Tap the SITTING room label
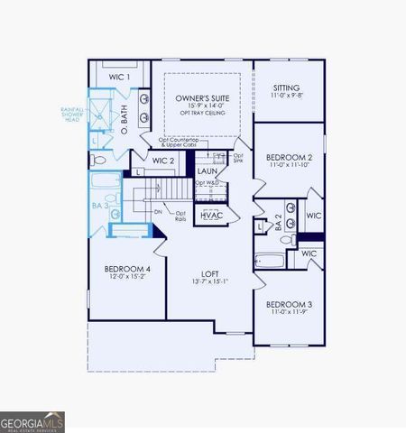pyautogui.click(x=287, y=88)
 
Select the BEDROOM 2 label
pyautogui.click(x=290, y=157)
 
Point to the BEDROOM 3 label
pyautogui.click(x=290, y=304)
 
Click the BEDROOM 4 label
pyautogui.click(x=127, y=270)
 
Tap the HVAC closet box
pyautogui.click(x=211, y=216)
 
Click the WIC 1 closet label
pyautogui.click(x=120, y=78)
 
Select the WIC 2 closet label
pyautogui.click(x=162, y=161)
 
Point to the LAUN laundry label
pyautogui.click(x=207, y=170)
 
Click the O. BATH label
pyautogui.click(x=124, y=116)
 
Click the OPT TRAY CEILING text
pyautogui.click(x=201, y=115)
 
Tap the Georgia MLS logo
pyautogui.click(x=32, y=421)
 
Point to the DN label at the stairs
pyautogui.click(x=157, y=212)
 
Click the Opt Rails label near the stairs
pyautogui.click(x=180, y=216)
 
